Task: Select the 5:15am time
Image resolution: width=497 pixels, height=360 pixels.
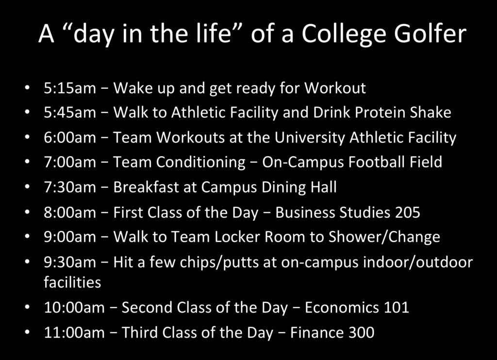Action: pyautogui.click(x=70, y=88)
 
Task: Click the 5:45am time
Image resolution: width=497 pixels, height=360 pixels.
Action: pyautogui.click(x=70, y=113)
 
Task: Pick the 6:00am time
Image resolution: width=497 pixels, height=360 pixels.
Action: pyautogui.click(x=70, y=137)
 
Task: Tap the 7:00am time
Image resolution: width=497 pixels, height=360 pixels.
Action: pyautogui.click(x=70, y=162)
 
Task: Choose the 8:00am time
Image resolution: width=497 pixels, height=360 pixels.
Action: pyautogui.click(x=70, y=213)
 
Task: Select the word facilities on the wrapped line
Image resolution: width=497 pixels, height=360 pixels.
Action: pyautogui.click(x=72, y=282)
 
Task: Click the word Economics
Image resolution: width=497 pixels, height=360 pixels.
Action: pyautogui.click(x=342, y=308)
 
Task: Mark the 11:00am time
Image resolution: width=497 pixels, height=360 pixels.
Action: pyautogui.click(x=74, y=332)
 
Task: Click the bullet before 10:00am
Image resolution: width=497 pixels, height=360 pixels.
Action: pyautogui.click(x=28, y=308)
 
